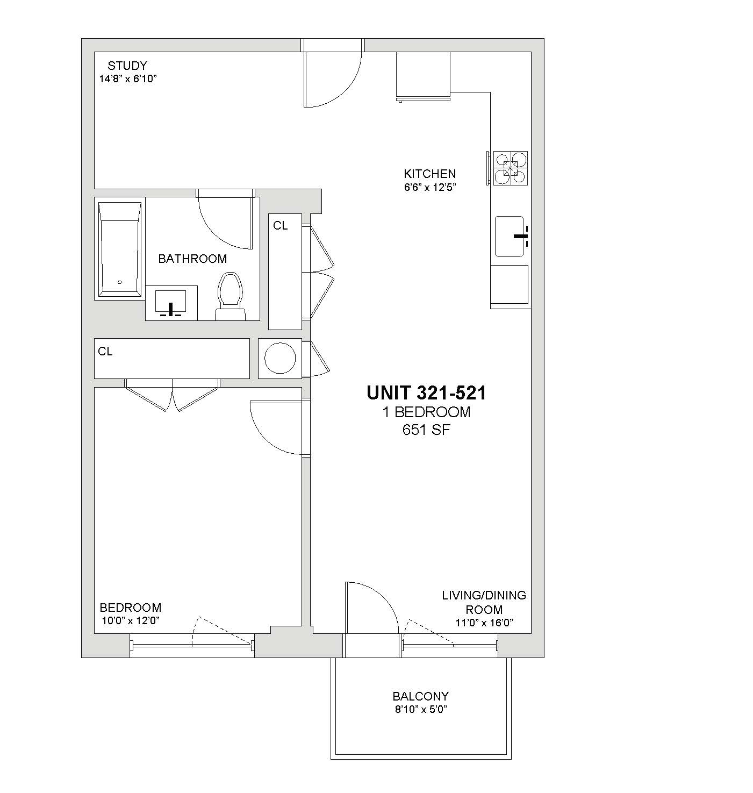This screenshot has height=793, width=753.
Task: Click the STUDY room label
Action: click(x=127, y=66)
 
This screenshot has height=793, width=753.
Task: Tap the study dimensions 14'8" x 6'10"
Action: click(x=128, y=78)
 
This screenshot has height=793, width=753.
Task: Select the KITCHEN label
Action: click(x=429, y=174)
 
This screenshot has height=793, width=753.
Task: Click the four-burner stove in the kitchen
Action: click(x=511, y=168)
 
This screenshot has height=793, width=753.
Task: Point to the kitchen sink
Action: click(x=510, y=237)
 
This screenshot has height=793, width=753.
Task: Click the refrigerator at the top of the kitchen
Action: click(x=423, y=76)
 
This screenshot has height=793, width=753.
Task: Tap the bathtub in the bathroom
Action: click(x=120, y=248)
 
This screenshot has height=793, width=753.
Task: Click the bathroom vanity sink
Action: click(x=170, y=302)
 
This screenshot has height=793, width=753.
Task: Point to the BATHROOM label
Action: click(x=192, y=259)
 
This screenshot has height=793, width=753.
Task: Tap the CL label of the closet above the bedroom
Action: click(x=105, y=351)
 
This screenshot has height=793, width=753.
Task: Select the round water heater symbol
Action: click(x=280, y=358)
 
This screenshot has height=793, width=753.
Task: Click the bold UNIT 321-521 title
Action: click(x=426, y=393)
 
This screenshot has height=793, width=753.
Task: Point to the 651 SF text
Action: click(x=426, y=430)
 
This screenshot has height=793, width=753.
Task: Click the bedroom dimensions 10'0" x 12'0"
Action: click(x=131, y=620)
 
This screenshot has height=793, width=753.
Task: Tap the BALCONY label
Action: click(x=421, y=696)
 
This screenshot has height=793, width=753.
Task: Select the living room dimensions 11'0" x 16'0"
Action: click(x=484, y=623)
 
